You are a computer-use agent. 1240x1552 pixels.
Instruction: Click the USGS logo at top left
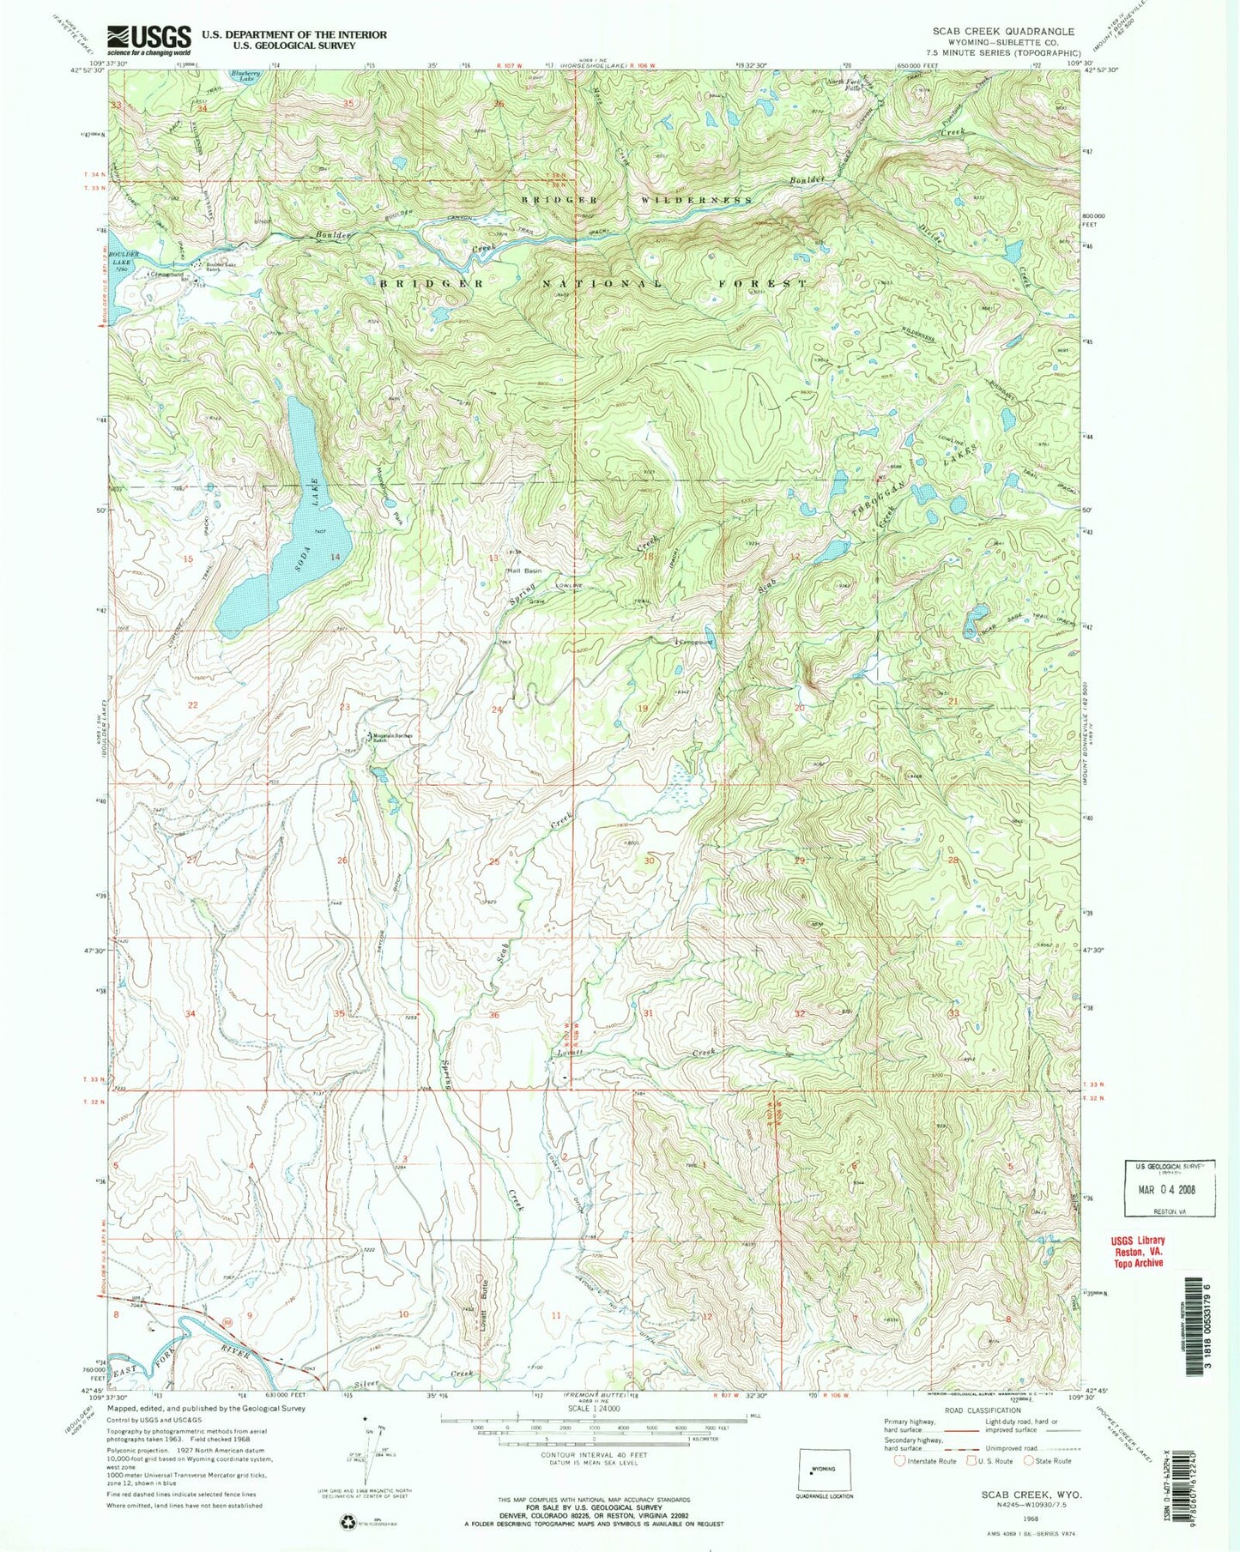[x=148, y=39]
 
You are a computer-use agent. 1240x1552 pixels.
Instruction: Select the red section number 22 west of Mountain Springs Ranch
[x=193, y=705]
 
